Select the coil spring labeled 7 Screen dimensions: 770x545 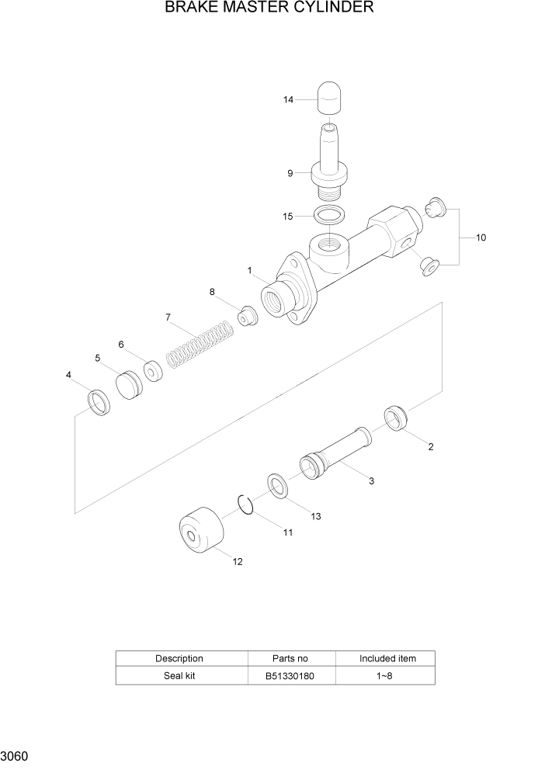[x=200, y=345]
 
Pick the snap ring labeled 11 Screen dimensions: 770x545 [x=246, y=505]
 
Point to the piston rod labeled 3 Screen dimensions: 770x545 [x=334, y=453]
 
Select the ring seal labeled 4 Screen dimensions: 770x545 [x=98, y=404]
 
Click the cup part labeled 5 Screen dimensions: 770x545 [x=130, y=385]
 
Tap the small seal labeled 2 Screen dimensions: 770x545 [x=398, y=420]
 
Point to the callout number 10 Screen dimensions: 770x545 [x=481, y=237]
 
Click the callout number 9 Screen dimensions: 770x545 [x=290, y=174]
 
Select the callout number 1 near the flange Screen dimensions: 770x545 [x=250, y=271]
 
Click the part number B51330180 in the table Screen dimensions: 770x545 [x=291, y=675]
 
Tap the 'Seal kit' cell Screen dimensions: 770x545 [x=179, y=675]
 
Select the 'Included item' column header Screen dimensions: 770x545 [x=387, y=658]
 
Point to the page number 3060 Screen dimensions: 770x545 [x=16, y=755]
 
